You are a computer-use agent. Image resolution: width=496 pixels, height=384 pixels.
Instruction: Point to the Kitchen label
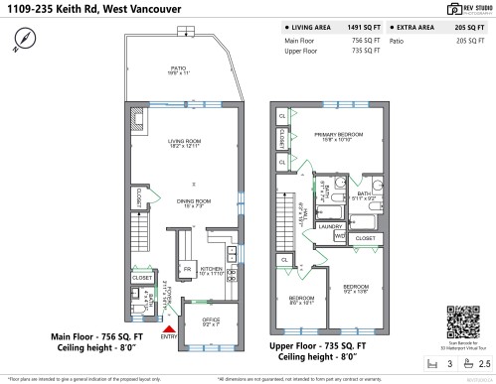tap(212, 271)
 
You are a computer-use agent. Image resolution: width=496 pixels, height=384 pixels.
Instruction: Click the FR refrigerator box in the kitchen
tap(186, 269)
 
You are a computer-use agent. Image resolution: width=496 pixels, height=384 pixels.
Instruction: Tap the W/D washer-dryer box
tap(339, 236)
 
